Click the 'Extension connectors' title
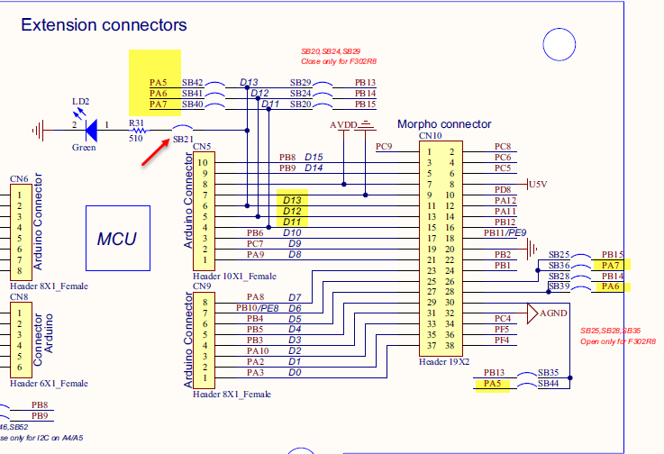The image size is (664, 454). tap(104, 25)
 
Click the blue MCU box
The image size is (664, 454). tap(117, 239)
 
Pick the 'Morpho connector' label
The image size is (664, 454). tap(445, 123)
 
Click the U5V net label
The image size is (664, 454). tap(537, 183)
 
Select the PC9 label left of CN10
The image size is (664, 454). tap(384, 147)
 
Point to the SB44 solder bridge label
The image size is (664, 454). tap(548, 384)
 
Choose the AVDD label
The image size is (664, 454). tap(342, 123)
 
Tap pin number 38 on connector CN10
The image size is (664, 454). tap(450, 345)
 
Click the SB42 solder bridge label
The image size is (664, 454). tap(192, 83)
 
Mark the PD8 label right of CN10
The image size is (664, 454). tap(503, 190)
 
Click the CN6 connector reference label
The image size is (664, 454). tap(19, 178)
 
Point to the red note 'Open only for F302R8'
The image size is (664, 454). tap(617, 342)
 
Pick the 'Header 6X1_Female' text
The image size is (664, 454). tap(49, 383)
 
